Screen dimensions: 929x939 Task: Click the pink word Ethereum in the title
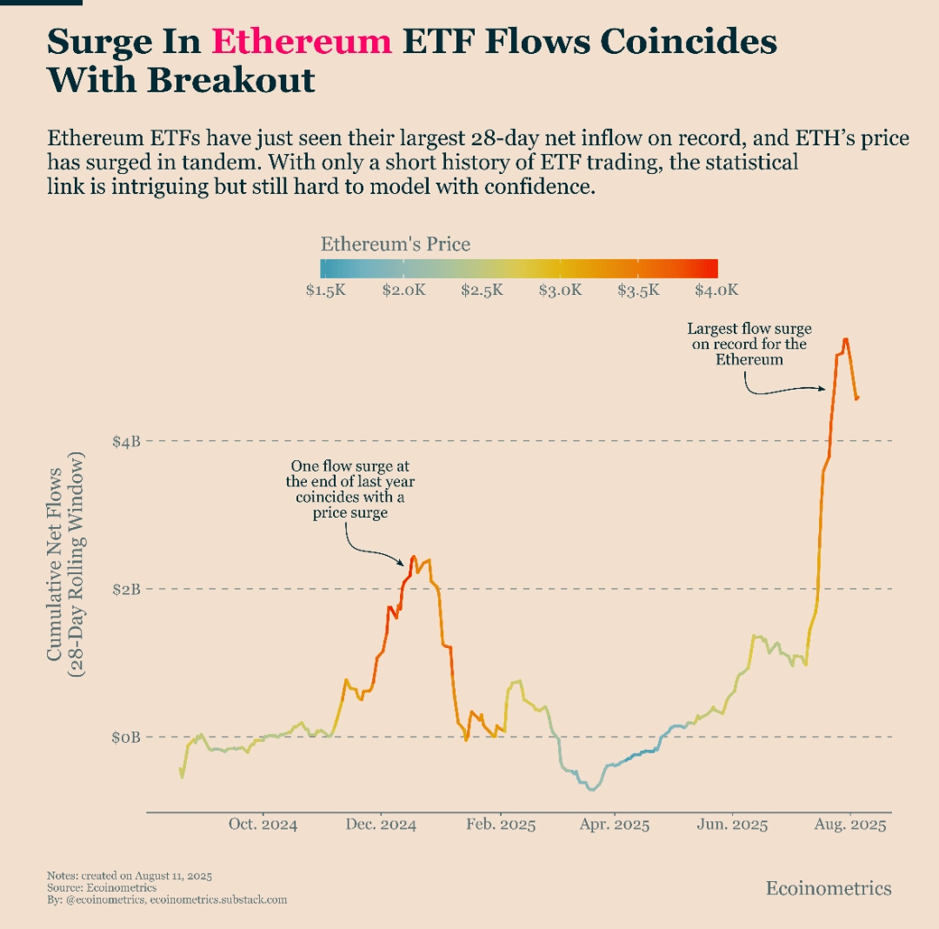(302, 42)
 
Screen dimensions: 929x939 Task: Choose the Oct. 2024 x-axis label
(263, 825)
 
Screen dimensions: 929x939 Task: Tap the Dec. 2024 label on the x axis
(381, 825)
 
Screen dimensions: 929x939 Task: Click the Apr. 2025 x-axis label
(614, 825)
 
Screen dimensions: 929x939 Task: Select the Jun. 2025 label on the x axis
(732, 825)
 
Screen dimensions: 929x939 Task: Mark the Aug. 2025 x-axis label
(850, 825)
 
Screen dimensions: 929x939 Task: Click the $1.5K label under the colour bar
(326, 291)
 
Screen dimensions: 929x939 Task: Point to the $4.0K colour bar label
(716, 291)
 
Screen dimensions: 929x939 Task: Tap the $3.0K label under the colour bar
(560, 291)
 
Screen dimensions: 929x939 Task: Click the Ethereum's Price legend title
(396, 244)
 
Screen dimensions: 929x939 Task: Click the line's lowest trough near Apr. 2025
(592, 790)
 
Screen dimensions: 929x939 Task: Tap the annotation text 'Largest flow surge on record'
(749, 344)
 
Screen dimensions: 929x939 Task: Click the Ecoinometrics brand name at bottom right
(828, 888)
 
